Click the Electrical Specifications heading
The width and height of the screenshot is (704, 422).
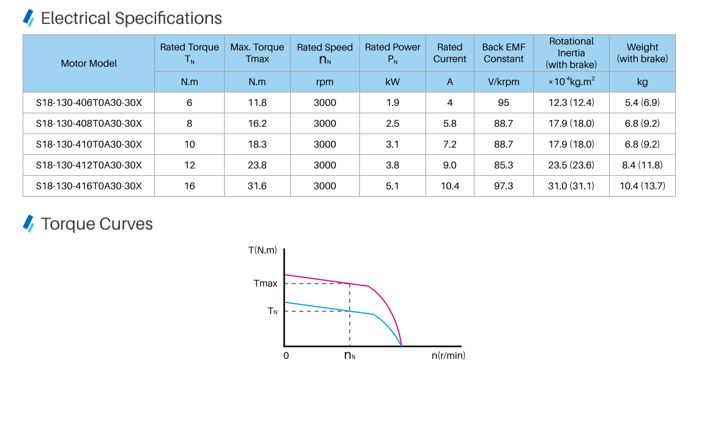click(131, 18)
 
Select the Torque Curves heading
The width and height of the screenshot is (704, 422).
click(97, 224)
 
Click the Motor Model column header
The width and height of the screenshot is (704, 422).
click(89, 63)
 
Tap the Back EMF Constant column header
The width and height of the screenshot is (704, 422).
click(503, 53)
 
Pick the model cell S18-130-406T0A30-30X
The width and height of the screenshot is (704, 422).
click(89, 103)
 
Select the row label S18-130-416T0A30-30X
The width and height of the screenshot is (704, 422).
click(89, 186)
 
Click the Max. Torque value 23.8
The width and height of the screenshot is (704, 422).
click(257, 165)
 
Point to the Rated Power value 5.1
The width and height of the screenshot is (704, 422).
click(392, 186)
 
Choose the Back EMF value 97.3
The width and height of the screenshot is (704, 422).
click(503, 186)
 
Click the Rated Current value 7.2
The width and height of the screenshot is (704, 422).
click(449, 145)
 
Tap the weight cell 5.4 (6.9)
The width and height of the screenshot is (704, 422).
click(642, 103)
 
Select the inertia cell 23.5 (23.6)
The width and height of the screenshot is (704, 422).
click(571, 165)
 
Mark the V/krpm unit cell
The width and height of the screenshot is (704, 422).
click(503, 82)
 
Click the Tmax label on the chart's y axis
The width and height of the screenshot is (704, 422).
click(265, 284)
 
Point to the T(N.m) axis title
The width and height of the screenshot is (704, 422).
click(263, 250)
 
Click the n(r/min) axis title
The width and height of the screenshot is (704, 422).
click(448, 356)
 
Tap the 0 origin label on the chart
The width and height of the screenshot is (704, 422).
click(286, 356)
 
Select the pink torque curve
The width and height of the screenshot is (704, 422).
click(324, 280)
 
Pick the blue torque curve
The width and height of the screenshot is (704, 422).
click(324, 307)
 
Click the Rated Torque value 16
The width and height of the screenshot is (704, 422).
click(190, 186)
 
